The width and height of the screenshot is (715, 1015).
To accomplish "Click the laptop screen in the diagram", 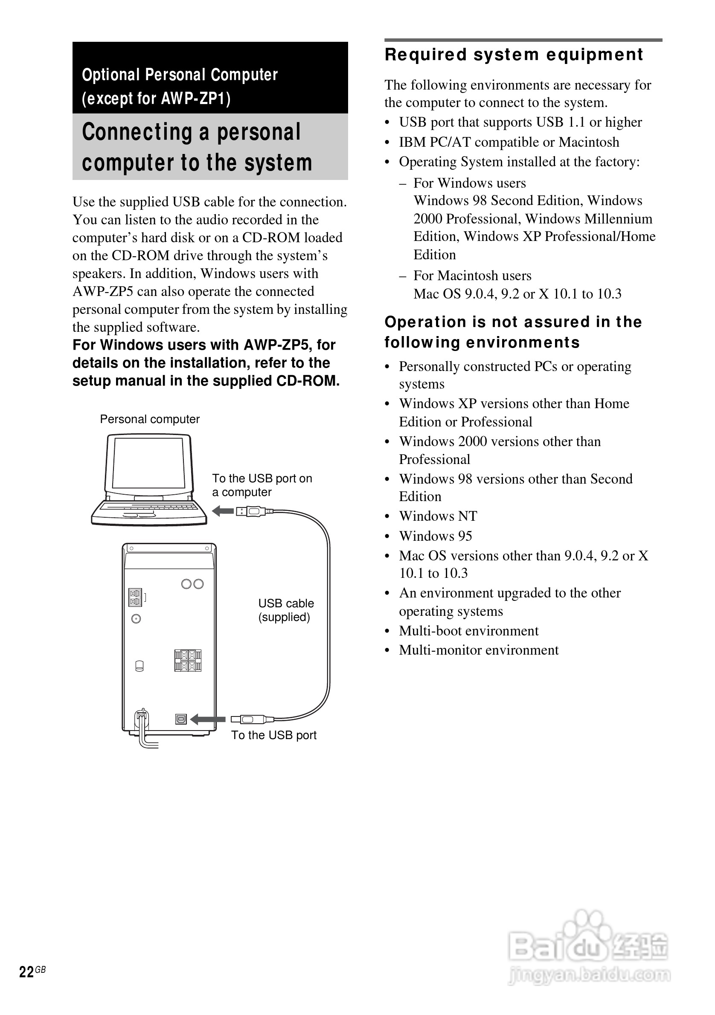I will tap(148, 462).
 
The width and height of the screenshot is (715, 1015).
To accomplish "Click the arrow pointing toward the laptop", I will tap(223, 511).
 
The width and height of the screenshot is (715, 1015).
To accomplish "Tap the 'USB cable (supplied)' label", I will tap(286, 610).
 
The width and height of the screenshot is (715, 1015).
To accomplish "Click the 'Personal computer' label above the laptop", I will tap(149, 419).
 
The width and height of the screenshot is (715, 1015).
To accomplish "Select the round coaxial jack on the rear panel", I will tap(136, 619).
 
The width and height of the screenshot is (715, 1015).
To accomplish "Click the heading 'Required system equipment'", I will tap(513, 55).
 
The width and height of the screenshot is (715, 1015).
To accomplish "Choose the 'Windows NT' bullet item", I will tap(438, 516).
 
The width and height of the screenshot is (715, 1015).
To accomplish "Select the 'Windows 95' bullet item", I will tap(435, 536).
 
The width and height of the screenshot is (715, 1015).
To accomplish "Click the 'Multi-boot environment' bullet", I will tap(468, 630).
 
